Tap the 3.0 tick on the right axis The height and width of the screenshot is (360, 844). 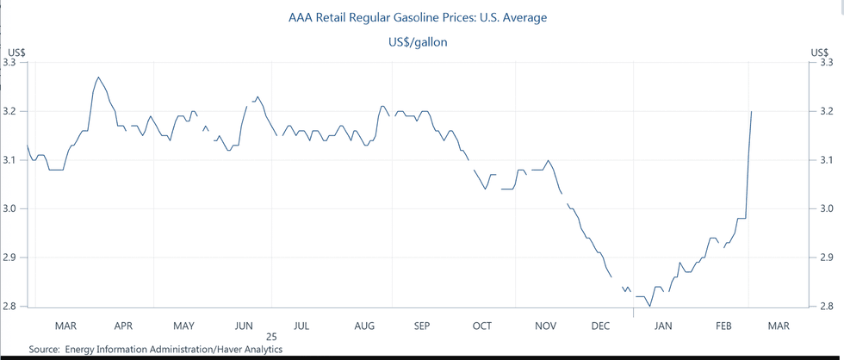coord(825,208)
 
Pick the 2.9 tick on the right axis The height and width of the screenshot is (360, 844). coord(825,258)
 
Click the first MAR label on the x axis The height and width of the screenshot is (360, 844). coord(65,326)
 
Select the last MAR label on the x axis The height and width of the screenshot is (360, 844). coord(778,326)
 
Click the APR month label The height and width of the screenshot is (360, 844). coord(123,326)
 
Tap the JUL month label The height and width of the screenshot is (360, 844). coord(301,326)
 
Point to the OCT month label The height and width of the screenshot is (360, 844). coord(481,326)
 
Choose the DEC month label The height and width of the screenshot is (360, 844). coord(600,326)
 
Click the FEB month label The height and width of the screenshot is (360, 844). coord(724,326)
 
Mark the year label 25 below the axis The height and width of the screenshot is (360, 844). coord(271,338)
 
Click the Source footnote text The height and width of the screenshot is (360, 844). coord(155,349)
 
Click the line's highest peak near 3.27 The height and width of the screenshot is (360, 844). coord(98,77)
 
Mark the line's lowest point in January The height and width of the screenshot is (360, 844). coord(649,306)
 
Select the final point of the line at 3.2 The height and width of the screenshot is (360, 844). coord(752,111)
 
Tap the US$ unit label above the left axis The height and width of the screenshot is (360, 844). coord(15,52)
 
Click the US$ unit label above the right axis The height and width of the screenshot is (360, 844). coord(820,52)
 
